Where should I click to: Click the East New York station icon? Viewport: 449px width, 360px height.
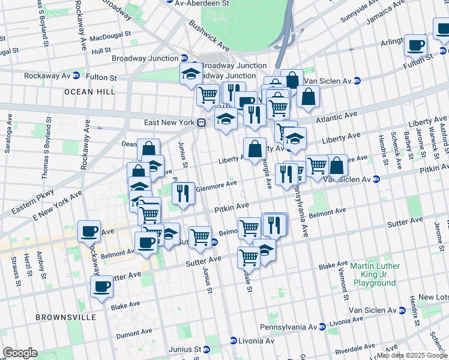202,122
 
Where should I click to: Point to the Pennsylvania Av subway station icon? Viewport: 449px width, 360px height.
322,327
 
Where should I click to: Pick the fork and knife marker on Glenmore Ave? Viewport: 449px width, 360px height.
184,193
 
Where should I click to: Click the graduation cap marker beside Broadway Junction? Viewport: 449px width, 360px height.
191,73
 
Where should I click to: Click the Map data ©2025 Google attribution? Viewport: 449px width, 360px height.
412,356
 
